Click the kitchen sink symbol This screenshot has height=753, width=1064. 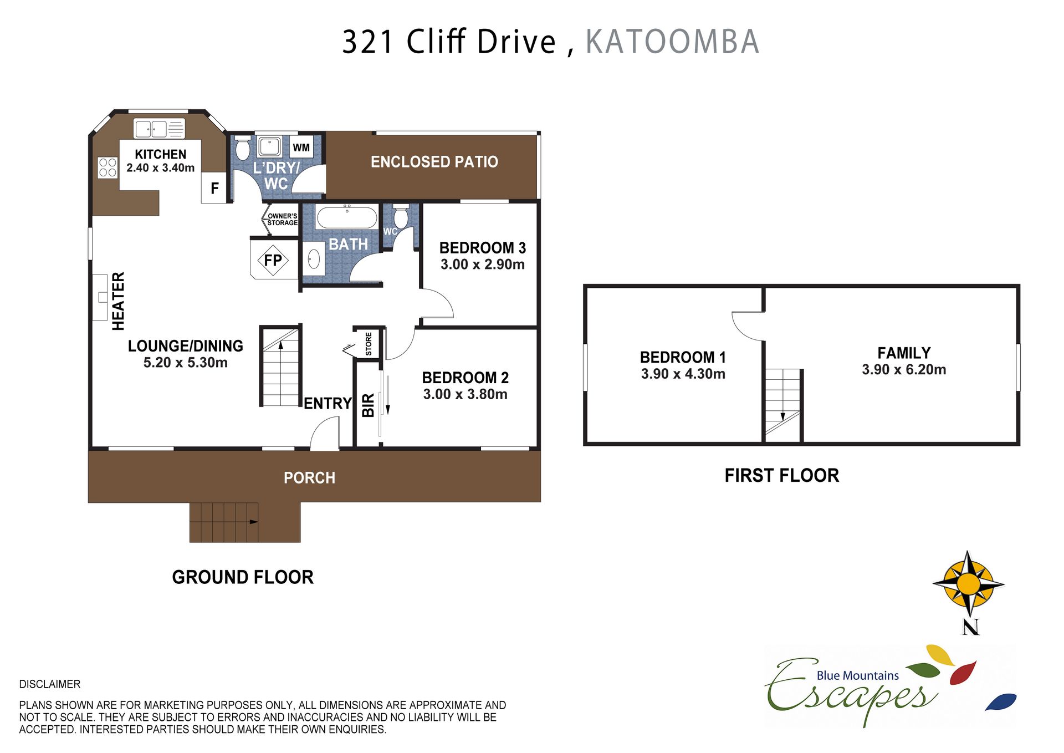click(159, 129)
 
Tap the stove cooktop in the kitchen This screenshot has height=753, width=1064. click(108, 167)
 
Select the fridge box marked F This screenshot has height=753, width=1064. click(214, 189)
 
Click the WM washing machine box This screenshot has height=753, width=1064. click(301, 147)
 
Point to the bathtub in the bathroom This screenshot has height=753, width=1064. click(347, 217)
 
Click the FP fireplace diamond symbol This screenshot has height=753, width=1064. click(273, 260)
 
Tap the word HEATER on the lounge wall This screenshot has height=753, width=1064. click(118, 301)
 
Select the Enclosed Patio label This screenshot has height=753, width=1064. click(434, 162)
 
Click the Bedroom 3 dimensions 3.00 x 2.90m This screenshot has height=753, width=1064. click(483, 264)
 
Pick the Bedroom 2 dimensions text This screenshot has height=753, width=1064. click(465, 394)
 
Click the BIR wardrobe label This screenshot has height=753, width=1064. click(368, 405)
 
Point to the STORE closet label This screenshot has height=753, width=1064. click(369, 344)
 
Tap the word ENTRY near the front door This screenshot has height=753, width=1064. click(328, 403)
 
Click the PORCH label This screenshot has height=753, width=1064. click(309, 478)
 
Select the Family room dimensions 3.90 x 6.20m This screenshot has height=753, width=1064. click(904, 370)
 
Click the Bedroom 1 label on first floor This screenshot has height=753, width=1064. click(683, 357)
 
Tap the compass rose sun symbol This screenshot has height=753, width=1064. click(968, 584)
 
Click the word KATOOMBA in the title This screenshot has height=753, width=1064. click(672, 42)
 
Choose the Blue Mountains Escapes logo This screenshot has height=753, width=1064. click(890, 685)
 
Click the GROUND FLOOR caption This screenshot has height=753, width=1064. click(243, 577)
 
